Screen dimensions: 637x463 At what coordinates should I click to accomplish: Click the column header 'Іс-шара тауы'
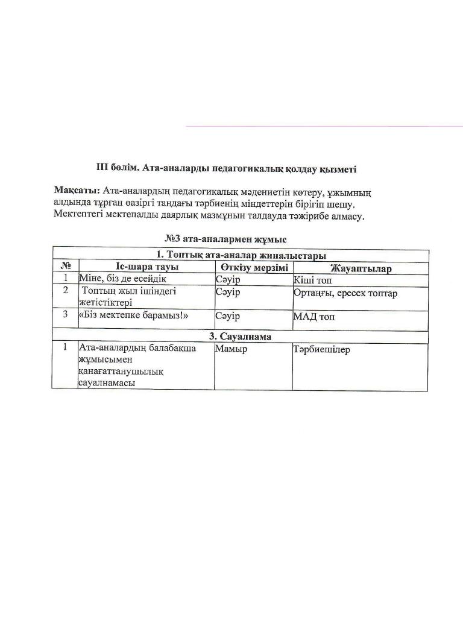[146, 267]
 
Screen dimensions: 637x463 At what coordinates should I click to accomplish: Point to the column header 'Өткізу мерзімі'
[254, 267]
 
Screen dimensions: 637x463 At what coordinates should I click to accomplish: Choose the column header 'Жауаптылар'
[361, 268]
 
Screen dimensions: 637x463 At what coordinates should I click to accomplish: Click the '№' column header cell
[66, 267]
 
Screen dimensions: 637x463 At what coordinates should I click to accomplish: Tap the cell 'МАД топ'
[314, 316]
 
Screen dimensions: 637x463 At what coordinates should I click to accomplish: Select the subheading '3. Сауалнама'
[241, 337]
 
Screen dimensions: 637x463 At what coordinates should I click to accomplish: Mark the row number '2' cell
[65, 291]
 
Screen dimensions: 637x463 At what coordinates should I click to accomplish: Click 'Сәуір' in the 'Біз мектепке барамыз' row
[227, 315]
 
